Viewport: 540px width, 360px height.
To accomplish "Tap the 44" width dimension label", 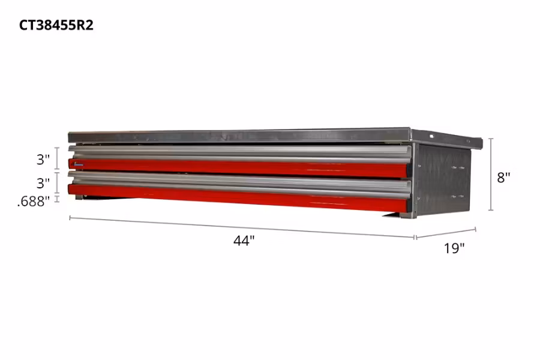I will [244, 241].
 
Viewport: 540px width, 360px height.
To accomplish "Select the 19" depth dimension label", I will [454, 247].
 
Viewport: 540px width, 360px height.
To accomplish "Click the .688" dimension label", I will [34, 202].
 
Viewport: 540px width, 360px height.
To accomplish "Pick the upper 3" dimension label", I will [42, 160].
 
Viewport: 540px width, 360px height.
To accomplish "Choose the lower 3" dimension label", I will [42, 182].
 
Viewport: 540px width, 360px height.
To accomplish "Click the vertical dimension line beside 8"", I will [491, 174].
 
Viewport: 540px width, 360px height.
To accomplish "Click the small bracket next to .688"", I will [58, 198].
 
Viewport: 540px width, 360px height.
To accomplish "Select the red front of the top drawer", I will [240, 168].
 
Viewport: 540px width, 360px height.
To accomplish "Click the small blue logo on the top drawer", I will [79, 162].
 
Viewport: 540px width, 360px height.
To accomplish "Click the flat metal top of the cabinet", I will [240, 136].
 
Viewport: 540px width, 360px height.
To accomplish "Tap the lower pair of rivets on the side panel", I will [458, 196].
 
